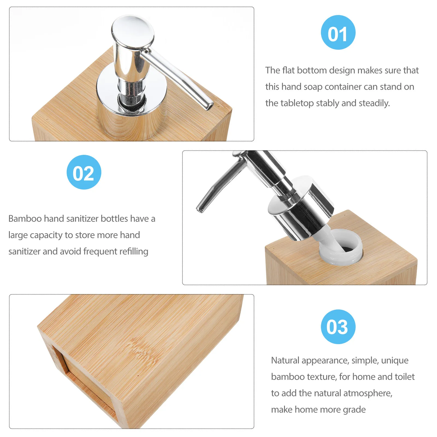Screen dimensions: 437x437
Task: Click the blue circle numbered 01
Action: point(338,33)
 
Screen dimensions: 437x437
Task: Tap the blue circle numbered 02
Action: point(84,172)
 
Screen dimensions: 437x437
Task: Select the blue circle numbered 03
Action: point(338,327)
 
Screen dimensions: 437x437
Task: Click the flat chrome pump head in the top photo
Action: point(133,30)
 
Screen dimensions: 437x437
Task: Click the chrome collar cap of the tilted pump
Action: point(300,208)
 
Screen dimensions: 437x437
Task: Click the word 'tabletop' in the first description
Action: point(297,103)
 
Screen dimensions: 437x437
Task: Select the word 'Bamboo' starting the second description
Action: point(25,218)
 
